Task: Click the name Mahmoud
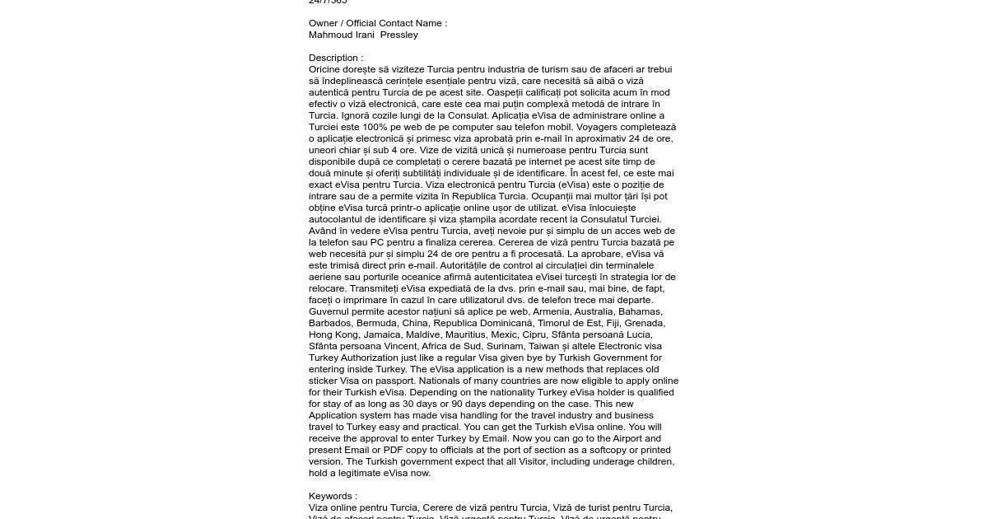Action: [x=330, y=35]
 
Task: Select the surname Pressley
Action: [x=399, y=35]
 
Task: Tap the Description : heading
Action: [x=336, y=58]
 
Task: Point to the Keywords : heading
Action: [x=333, y=496]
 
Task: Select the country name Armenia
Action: [x=552, y=311]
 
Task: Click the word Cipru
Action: [x=534, y=334]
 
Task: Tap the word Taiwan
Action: [x=544, y=346]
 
